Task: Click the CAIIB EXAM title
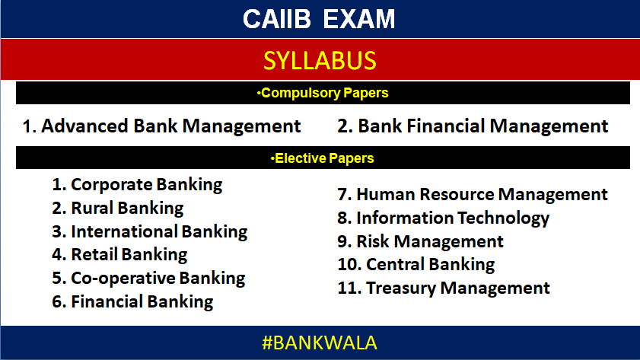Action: (x=320, y=19)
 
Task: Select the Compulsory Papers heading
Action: (x=323, y=94)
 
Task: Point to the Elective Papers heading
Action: (x=323, y=158)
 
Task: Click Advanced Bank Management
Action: (x=161, y=126)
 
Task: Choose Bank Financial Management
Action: (x=473, y=126)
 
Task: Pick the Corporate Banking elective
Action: (x=137, y=184)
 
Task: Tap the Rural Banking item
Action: (x=118, y=208)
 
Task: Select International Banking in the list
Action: (x=150, y=231)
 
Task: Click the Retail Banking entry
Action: (x=119, y=254)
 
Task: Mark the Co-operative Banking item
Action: (x=148, y=278)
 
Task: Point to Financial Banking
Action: (x=132, y=301)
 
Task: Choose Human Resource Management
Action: (x=473, y=195)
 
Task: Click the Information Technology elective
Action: (x=444, y=218)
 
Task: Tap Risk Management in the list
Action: (x=421, y=242)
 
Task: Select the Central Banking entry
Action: (x=416, y=265)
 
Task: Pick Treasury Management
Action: (x=444, y=288)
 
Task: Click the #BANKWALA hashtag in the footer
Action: (x=320, y=342)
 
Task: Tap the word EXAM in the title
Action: (x=359, y=19)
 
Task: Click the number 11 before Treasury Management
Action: (x=347, y=288)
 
